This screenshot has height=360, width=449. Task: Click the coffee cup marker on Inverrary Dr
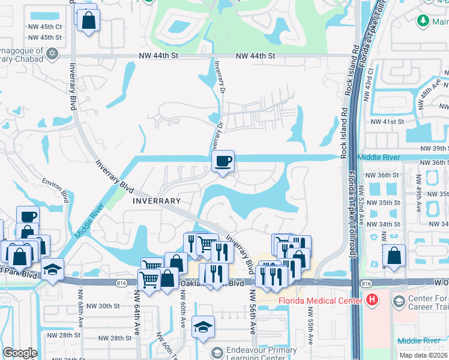[x=223, y=161]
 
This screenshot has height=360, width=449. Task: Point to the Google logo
[x=20, y=353]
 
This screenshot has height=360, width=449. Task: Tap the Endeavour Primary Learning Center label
[x=261, y=354]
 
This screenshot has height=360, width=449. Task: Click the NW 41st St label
[x=387, y=121]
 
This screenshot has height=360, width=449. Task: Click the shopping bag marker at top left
[x=88, y=21]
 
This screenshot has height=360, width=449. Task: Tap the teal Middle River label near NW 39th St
[x=378, y=157]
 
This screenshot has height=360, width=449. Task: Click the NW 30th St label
[x=103, y=306]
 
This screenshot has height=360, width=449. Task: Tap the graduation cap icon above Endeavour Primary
[x=203, y=328]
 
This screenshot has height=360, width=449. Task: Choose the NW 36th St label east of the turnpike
[x=384, y=175]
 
